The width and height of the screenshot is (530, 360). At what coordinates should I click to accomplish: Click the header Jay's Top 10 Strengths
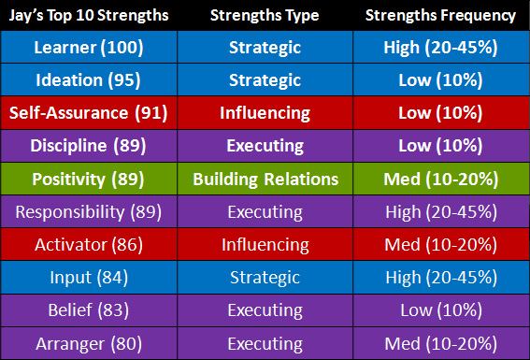[88, 16]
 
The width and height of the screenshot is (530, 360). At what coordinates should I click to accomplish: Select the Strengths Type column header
[265, 16]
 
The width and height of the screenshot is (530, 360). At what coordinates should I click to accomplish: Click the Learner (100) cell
[88, 48]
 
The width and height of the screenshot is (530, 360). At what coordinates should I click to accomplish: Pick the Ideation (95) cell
[88, 80]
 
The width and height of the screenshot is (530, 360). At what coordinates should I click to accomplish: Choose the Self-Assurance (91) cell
[88, 113]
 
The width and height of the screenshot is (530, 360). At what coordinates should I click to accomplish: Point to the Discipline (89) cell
[88, 146]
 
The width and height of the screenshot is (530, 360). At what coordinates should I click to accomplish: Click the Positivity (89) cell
[88, 179]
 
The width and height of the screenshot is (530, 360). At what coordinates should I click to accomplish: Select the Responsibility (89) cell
[88, 211]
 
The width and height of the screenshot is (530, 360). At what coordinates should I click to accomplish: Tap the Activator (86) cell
[88, 244]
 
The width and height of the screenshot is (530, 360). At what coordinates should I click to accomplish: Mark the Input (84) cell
[88, 277]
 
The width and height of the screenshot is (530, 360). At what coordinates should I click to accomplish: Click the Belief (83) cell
[88, 310]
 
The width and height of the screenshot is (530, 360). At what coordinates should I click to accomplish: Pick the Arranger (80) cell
[88, 341]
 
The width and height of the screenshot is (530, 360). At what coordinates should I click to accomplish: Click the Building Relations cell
[265, 179]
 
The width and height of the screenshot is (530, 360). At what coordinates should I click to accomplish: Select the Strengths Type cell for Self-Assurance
[265, 113]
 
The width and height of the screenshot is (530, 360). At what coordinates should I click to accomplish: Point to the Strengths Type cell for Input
[265, 277]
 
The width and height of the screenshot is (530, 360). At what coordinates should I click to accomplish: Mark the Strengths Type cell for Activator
[265, 244]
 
